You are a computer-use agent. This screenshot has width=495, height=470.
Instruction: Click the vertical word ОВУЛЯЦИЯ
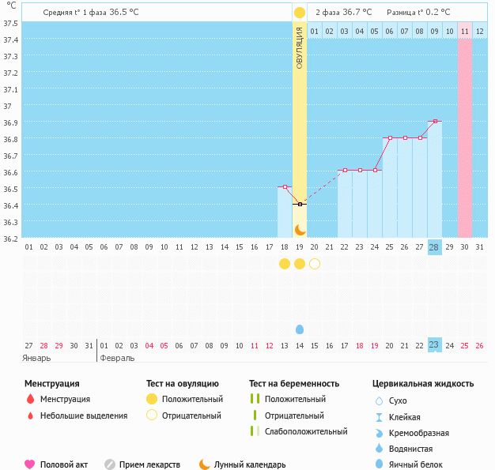coord(300,47)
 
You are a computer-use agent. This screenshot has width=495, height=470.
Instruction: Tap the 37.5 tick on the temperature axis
coord(12,23)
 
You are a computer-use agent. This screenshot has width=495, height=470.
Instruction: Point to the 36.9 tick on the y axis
coord(12,122)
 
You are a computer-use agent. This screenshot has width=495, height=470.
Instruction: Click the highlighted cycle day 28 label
coord(434,246)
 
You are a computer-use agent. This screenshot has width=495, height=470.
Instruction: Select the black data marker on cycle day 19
coord(300,204)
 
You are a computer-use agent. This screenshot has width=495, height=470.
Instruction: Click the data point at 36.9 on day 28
coord(434,121)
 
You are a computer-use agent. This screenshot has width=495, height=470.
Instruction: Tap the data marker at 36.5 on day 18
coord(285,187)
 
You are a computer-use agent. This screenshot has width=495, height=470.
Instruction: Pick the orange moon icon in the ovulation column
coord(300,229)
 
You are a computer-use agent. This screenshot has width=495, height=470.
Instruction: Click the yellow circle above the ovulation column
coord(300,13)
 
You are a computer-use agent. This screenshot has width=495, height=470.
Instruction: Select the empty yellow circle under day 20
coord(315,263)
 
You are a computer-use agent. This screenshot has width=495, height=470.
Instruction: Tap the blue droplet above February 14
coord(300,329)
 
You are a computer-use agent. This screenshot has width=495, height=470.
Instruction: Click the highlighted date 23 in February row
coord(434,344)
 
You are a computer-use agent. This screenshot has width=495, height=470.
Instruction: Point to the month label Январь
coord(37,357)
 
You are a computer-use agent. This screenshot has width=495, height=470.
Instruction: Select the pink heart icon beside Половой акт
coord(30,464)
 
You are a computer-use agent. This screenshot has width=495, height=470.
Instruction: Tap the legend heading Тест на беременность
coord(293,383)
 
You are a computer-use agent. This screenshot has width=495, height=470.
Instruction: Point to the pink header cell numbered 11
coord(465,31)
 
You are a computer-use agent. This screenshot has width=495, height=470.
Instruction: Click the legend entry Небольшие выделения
coord(83,415)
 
